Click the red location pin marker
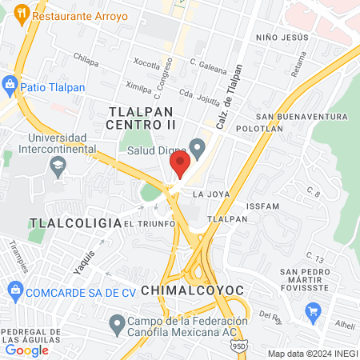(x=179, y=165)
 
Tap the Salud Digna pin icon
(x=198, y=147)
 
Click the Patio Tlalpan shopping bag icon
(x=10, y=83)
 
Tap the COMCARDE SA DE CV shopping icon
(x=13, y=291)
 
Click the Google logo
(x=26, y=350)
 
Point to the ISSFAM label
(x=263, y=206)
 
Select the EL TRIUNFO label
(x=150, y=224)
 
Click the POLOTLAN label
(x=260, y=128)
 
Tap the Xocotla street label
(x=146, y=63)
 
